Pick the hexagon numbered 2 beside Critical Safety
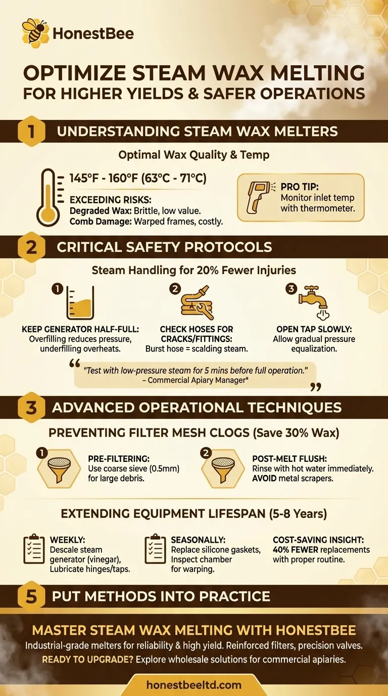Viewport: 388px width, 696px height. pos(31,247)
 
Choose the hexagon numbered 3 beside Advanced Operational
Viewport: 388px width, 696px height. pos(31,408)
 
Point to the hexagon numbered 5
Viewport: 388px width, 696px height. pos(31,596)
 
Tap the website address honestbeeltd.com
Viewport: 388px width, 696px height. pos(194,685)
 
